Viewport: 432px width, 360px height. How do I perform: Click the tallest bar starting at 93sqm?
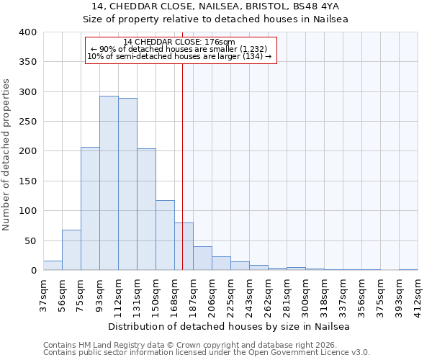pos(109,183)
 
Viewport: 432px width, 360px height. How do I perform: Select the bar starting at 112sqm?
pos(127,184)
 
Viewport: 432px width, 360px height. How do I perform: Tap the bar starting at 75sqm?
pos(90,209)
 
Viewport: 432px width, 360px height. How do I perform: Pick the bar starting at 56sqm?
pos(71,250)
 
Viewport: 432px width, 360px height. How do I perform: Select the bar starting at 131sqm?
pos(146,210)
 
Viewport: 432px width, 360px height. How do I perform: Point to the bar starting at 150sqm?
pos(165,235)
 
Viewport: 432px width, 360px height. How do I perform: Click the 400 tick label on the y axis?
pos(27,32)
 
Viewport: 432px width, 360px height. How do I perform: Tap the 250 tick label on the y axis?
pos(27,122)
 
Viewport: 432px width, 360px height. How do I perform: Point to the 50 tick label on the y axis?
pos(30,240)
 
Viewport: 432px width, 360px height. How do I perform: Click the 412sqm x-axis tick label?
pos(418,294)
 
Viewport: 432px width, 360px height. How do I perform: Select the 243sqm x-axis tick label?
pos(249,294)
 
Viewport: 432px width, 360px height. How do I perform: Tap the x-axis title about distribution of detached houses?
pos(230,326)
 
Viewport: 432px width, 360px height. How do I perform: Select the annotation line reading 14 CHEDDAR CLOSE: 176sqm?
pos(179,42)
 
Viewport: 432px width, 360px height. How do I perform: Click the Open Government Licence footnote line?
pos(207,353)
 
